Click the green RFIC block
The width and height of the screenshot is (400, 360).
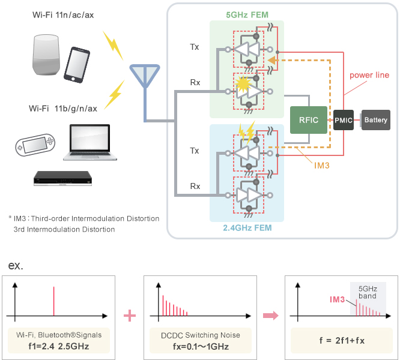pos(308,120)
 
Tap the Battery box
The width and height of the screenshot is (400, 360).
pos(376,120)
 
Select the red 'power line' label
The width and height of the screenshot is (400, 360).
pos(370,75)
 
